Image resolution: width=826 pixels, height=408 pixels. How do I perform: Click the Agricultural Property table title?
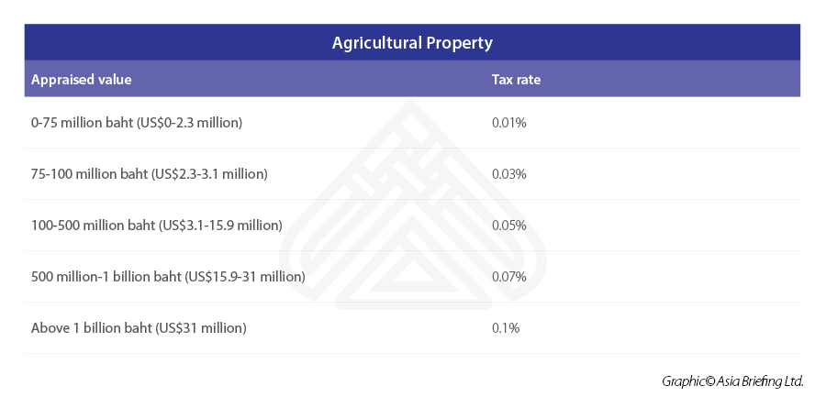[412, 43]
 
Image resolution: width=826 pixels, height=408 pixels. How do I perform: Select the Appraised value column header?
[82, 80]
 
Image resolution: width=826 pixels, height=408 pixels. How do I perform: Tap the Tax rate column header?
[516, 80]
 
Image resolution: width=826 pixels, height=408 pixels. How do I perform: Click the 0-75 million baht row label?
[137, 122]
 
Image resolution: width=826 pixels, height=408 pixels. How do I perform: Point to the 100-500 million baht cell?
[156, 225]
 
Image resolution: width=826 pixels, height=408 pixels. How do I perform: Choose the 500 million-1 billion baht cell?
[168, 276]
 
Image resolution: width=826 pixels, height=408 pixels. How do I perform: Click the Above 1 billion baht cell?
[139, 327]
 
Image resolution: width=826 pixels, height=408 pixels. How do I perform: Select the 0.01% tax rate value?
[509, 122]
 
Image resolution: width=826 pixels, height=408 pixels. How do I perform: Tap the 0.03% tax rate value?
[509, 173]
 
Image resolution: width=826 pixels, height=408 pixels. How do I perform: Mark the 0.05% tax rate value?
[509, 225]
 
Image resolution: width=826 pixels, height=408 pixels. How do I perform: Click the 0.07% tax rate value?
[509, 276]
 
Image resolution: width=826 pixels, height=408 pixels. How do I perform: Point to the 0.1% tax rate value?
[506, 327]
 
